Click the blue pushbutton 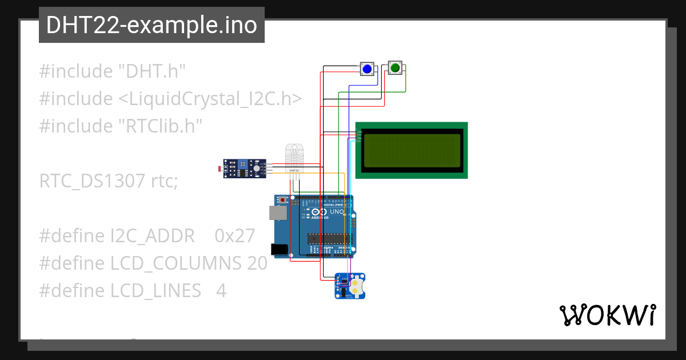366,69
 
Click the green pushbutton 395,69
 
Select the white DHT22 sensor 294,157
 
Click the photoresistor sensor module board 245,168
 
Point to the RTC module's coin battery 357,286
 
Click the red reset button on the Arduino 283,200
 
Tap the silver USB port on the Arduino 278,213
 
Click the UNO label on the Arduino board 337,212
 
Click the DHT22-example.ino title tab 151,25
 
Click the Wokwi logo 607,315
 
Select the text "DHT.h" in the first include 151,71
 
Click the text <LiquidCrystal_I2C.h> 210,99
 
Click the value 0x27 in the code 234,236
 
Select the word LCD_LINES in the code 156,291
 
